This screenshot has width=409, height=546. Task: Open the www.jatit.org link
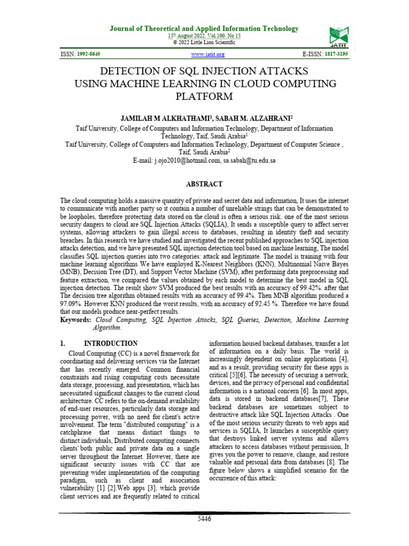point(208,54)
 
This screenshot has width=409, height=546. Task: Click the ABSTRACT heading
point(204,184)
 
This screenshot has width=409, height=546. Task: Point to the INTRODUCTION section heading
point(115,343)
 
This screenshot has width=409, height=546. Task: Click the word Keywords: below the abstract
point(76,319)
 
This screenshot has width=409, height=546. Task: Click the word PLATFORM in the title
point(204,97)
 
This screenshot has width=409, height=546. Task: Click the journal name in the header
point(204,28)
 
